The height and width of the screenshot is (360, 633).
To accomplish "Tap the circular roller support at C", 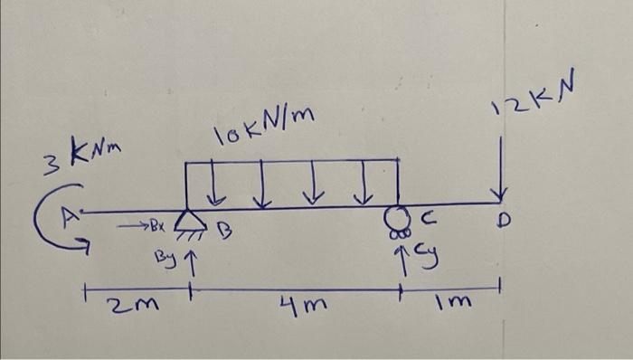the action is click(x=393, y=218).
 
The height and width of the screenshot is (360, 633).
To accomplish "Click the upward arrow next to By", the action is click(x=189, y=260).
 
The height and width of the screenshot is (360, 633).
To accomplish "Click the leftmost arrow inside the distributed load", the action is click(x=217, y=185).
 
